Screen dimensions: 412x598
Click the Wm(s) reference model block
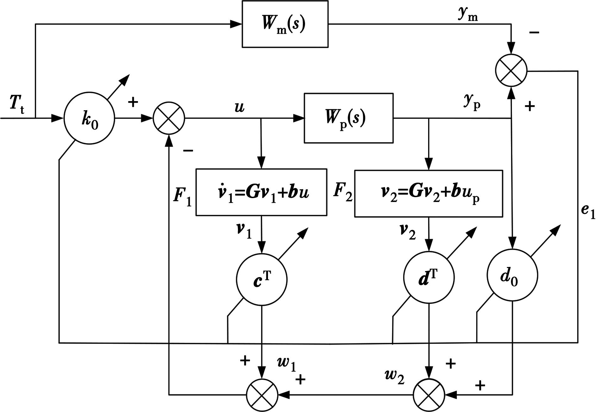tap(285, 24)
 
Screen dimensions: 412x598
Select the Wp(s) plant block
tap(348, 118)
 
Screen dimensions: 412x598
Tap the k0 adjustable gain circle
tap(89, 119)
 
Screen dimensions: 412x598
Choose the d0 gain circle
tap(512, 276)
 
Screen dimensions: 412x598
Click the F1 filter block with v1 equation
tap(261, 192)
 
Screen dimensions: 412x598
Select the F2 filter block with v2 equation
tap(428, 194)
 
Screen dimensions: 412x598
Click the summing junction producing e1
tap(511, 70)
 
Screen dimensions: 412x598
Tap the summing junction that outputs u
tap(169, 118)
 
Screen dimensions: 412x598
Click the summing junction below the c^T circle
tap(262, 395)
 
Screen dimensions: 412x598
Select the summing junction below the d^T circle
tap(429, 395)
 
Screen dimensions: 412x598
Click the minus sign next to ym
tap(534, 33)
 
